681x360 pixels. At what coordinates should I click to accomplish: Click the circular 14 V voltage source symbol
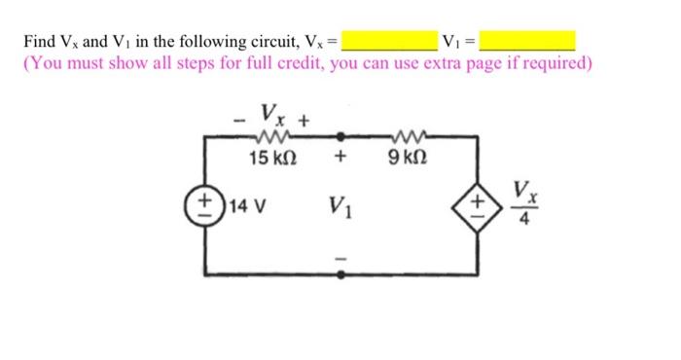[204, 206]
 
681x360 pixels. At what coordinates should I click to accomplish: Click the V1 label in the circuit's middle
[340, 206]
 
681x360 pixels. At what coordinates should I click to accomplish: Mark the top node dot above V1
[340, 138]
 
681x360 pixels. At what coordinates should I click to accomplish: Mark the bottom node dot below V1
[340, 275]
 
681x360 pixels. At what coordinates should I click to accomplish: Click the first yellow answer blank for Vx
[390, 41]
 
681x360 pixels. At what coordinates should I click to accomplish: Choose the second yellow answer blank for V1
[528, 41]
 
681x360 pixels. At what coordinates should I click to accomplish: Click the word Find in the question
[40, 42]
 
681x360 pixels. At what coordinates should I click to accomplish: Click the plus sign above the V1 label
[340, 157]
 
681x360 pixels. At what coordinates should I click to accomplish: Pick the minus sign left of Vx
[238, 121]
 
